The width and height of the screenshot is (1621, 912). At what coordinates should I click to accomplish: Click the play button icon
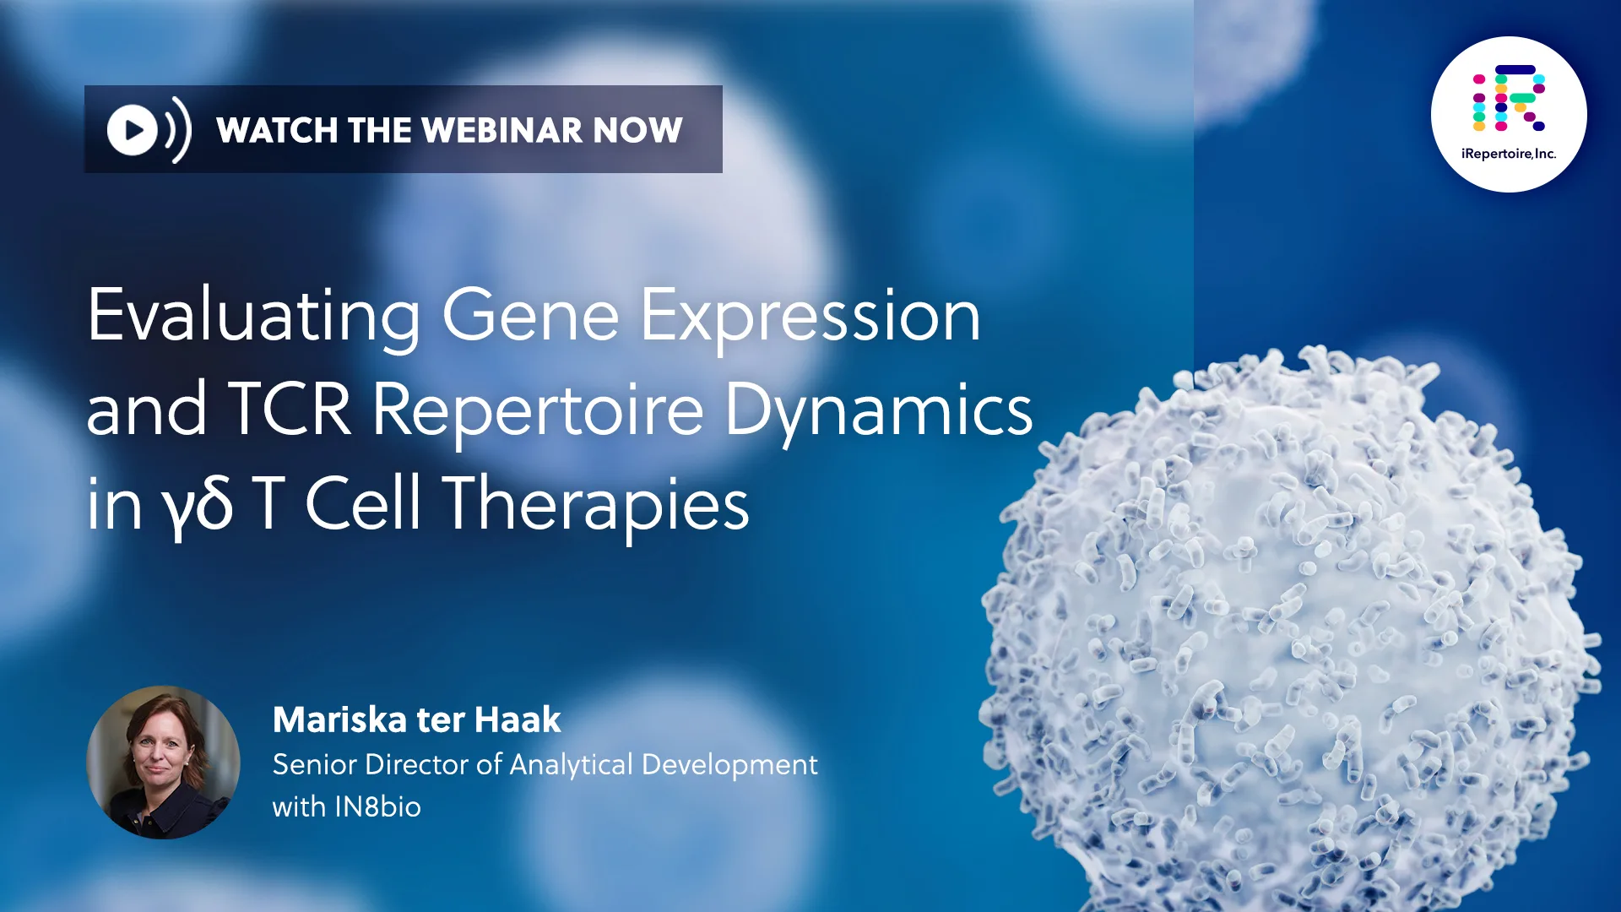(x=133, y=130)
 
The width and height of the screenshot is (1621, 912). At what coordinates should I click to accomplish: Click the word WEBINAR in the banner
(x=501, y=130)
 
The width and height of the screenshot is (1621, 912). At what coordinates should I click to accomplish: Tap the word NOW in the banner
(x=637, y=130)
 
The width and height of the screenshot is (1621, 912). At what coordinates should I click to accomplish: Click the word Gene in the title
(x=531, y=316)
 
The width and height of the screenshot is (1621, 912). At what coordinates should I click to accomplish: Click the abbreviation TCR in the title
(x=290, y=410)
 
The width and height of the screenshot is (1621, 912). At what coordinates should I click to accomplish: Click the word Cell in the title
(x=362, y=502)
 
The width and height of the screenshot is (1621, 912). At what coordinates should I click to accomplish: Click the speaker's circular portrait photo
(x=163, y=762)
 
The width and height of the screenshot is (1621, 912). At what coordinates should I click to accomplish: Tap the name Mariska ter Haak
(x=416, y=720)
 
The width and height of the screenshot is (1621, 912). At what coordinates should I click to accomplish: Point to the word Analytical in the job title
(x=571, y=765)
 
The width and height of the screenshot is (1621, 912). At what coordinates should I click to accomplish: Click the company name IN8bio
(x=377, y=807)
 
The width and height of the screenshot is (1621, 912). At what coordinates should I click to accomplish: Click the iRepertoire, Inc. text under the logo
(x=1509, y=154)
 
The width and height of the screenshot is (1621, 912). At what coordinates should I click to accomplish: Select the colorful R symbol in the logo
(x=1509, y=98)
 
